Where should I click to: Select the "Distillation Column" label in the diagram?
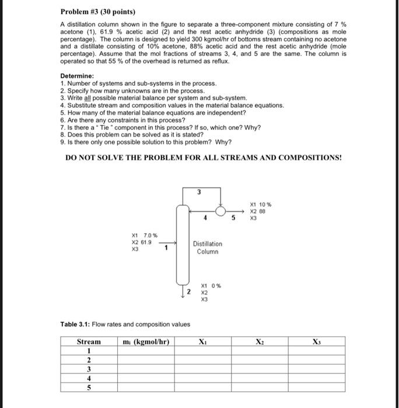pos(207,247)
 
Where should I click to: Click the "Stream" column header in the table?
pos(89,342)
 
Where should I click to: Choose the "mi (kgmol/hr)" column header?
pos(145,342)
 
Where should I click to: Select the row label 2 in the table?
pos(89,360)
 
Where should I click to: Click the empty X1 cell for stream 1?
pos(202,351)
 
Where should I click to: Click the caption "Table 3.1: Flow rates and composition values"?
pos(124,325)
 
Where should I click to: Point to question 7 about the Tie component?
pos(160,128)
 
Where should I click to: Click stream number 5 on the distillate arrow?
pos(233,220)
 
